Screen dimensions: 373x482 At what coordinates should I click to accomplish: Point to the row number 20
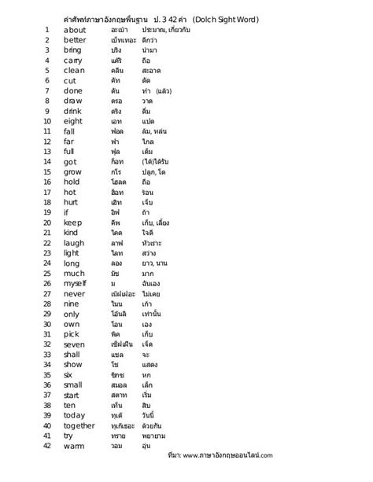click(x=47, y=222)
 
